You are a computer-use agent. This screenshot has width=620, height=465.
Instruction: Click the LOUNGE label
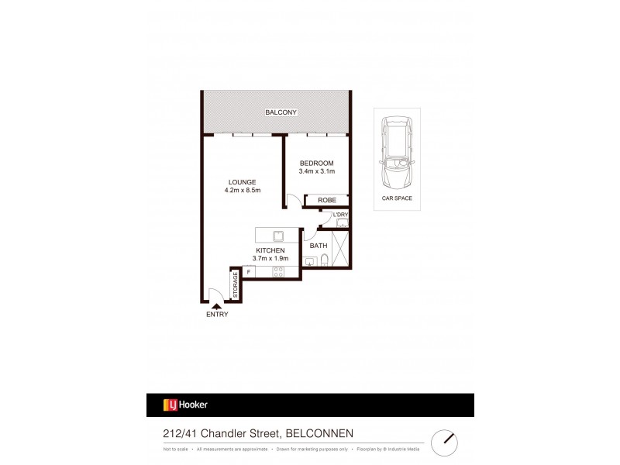click(x=242, y=181)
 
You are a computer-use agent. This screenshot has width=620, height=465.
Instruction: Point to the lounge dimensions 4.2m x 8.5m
click(x=242, y=190)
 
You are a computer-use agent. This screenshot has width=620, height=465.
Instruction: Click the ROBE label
click(x=326, y=200)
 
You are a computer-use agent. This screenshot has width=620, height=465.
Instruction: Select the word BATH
click(x=319, y=246)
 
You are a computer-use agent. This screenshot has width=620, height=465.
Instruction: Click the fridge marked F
click(x=249, y=271)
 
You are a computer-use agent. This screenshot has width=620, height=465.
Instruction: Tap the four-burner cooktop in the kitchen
click(x=277, y=271)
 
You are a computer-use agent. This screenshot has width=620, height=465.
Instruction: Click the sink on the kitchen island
click(x=277, y=234)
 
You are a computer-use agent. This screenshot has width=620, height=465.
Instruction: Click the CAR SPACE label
click(x=397, y=198)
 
